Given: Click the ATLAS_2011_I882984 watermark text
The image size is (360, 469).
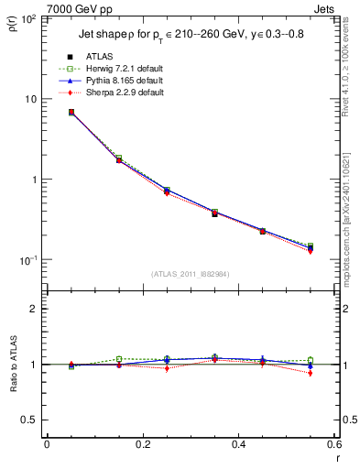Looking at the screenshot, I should (x=190, y=274).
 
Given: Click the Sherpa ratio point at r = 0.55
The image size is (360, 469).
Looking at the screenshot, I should (x=310, y=373).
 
